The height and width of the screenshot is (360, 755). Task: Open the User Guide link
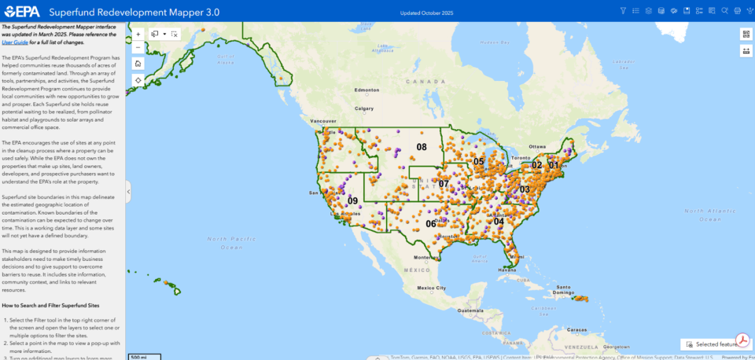[17, 42]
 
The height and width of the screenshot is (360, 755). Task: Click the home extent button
[138, 63]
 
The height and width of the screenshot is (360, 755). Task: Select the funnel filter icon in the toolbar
[623, 11]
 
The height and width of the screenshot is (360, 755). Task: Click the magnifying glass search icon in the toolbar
[724, 11]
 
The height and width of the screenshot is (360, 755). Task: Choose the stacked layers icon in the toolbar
[648, 11]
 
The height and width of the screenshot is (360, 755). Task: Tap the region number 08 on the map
[422, 147]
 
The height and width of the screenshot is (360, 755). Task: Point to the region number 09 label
[352, 200]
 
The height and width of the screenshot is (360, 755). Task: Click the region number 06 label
[431, 223]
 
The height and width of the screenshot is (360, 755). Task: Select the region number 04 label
[499, 221]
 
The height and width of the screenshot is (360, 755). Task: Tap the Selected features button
[712, 344]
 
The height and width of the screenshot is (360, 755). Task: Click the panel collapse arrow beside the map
[127, 191]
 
